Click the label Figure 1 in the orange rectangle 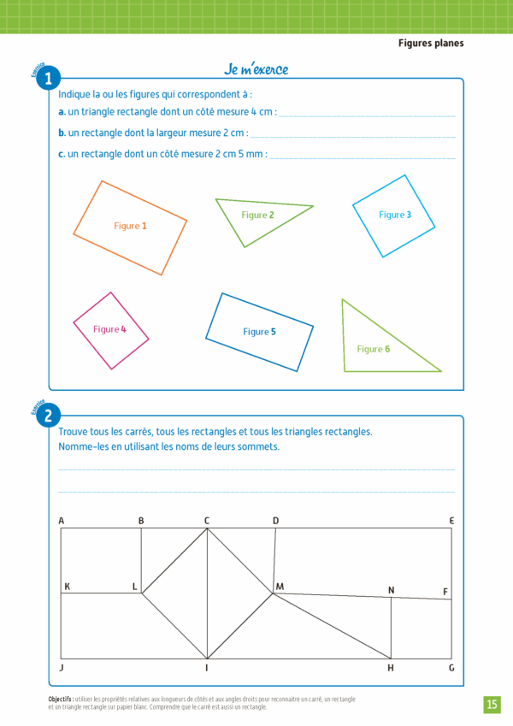(130, 226)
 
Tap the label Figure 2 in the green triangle (257, 215)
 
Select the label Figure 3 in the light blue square (395, 215)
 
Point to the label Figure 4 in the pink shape (109, 329)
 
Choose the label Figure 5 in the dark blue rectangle (259, 332)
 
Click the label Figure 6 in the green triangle (373, 349)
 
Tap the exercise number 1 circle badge (49, 80)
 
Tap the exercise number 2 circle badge (49, 416)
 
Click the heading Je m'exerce (256, 69)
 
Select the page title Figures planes (431, 43)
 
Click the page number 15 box (492, 704)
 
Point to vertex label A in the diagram (62, 521)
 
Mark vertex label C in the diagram (207, 521)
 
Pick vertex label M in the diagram (280, 586)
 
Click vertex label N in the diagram (391, 590)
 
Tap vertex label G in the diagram (451, 668)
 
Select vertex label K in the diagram (67, 586)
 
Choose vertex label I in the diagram (207, 668)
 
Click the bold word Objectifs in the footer (61, 699)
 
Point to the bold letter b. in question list (62, 133)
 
